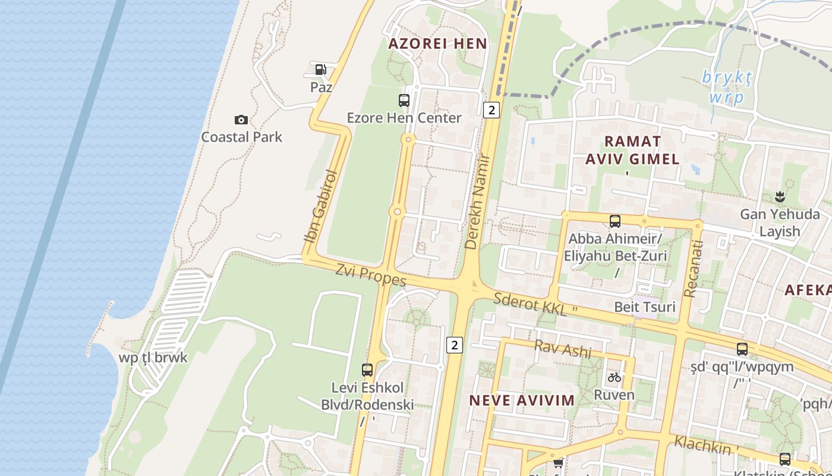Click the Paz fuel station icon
[320, 70]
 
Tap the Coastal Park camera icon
[241, 120]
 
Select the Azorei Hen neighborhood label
[437, 43]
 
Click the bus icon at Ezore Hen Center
[404, 100]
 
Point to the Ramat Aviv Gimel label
[632, 150]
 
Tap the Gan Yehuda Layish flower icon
[779, 196]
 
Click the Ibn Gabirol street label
[321, 206]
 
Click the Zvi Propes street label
[371, 275]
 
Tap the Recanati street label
[693, 268]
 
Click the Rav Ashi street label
[563, 349]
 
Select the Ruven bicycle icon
[614, 377]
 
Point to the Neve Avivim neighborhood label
[522, 400]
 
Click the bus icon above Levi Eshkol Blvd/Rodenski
[367, 369]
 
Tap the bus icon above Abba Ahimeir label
[615, 221]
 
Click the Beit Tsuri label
[645, 307]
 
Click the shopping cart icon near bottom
[557, 462]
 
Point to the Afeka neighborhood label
[808, 290]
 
